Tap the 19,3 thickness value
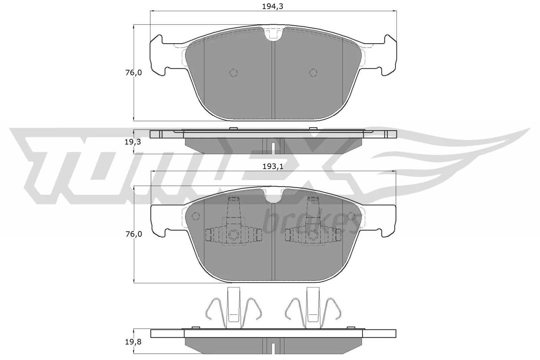coord(133,142)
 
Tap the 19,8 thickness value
coord(133,342)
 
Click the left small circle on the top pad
coord(233,73)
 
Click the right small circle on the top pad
coord(313,73)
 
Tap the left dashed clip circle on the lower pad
coord(233,234)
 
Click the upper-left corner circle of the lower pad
coord(196,216)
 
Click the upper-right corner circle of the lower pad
coord(351,216)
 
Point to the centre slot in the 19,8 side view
coord(273,347)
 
